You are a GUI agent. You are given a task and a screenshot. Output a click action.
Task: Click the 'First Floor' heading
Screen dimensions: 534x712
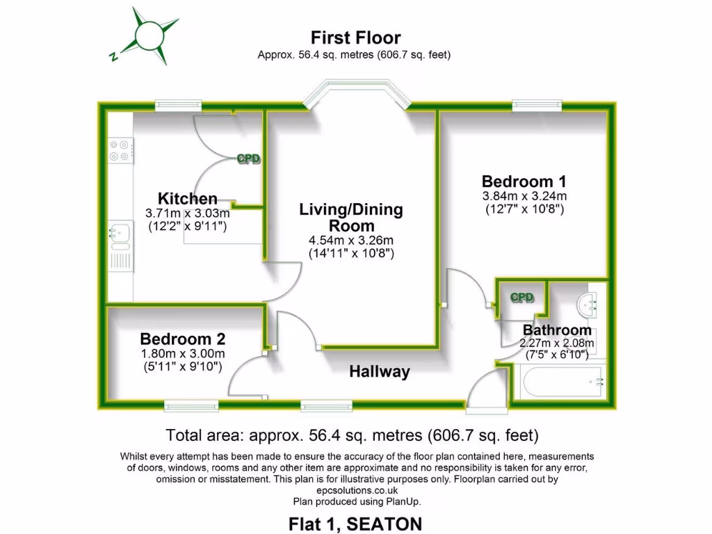355,37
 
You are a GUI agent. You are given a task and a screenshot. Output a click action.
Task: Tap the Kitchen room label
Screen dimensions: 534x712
187,199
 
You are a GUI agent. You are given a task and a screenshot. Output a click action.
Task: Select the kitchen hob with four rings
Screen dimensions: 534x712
121,150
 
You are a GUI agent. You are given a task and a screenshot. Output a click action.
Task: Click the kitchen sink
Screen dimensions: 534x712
119,235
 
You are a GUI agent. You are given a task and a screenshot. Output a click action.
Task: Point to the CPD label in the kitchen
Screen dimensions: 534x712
248,159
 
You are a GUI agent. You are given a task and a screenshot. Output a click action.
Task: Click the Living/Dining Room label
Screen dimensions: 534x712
351,218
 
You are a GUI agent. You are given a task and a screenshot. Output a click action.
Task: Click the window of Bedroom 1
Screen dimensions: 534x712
537,105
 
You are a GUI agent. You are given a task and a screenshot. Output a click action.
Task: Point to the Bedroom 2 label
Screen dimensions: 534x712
182,339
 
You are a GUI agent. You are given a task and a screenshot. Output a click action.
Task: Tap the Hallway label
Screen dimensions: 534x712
379,372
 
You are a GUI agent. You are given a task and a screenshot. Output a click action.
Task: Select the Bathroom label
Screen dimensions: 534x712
557,330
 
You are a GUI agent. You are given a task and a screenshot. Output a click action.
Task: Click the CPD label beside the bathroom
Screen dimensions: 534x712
521,298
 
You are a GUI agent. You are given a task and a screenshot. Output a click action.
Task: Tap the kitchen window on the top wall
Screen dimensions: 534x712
178,105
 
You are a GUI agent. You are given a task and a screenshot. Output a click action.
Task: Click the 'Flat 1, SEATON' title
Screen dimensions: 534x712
355,523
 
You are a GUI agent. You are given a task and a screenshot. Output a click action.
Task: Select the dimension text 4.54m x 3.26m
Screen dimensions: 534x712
351,241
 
